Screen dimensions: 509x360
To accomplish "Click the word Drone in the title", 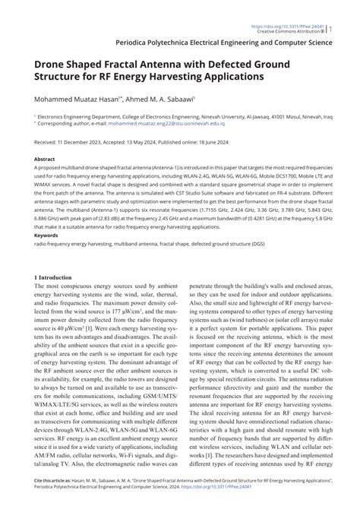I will pos(51,64).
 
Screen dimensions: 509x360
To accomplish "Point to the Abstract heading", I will pos(44,160).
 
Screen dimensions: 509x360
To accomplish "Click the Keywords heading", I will pos(47,236).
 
